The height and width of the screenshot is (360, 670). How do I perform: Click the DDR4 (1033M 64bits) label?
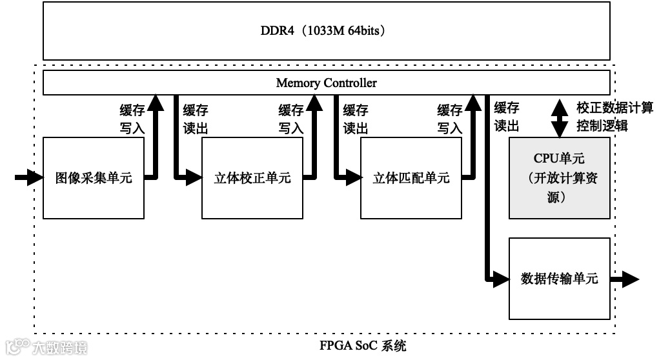point(326,30)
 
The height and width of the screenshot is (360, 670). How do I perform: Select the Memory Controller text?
point(326,83)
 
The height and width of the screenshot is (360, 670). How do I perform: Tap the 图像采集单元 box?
point(93,177)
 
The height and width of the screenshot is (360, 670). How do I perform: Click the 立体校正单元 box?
point(252,177)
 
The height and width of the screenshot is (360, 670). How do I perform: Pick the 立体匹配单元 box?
point(411,177)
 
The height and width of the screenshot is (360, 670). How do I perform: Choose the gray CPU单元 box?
point(559,177)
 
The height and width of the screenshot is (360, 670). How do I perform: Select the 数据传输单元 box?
point(559,279)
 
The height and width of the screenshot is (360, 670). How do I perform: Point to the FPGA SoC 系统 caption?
point(363,345)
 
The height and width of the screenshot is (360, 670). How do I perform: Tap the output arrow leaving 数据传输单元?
point(624,279)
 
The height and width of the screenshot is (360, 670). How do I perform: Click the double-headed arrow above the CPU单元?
point(559,117)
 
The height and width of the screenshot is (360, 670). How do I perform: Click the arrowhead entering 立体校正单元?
point(194,177)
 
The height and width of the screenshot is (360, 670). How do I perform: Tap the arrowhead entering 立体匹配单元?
point(353,177)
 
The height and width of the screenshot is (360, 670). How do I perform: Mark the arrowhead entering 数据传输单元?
point(502,279)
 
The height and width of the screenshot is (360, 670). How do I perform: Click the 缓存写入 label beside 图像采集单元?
point(132,119)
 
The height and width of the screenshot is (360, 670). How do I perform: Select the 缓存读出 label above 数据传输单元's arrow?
point(507,116)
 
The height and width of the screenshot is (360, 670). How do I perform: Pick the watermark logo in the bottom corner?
point(45,346)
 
